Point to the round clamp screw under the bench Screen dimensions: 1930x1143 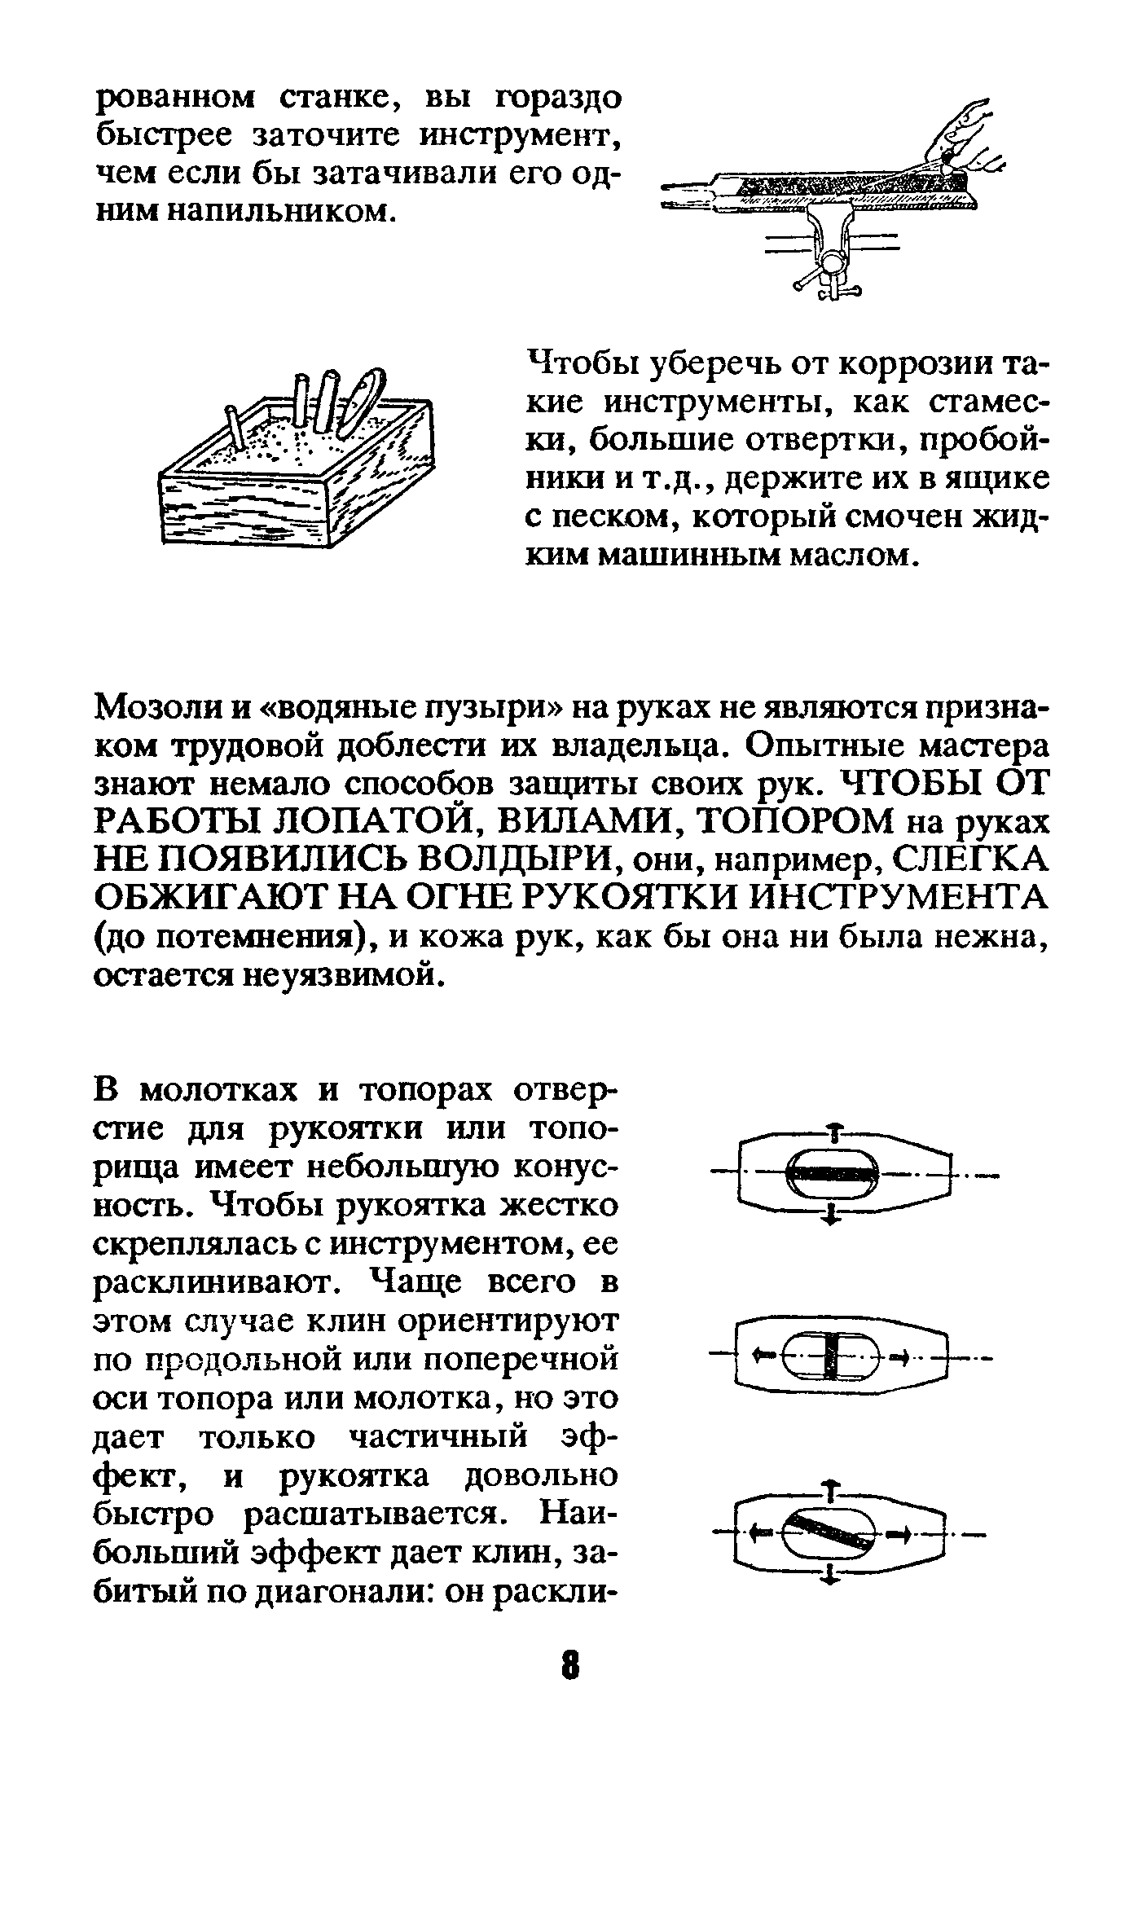833,262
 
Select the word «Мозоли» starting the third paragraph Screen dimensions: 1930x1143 156,707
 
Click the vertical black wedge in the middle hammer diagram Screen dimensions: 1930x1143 830,1356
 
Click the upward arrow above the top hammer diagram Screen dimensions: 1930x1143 833,1129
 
